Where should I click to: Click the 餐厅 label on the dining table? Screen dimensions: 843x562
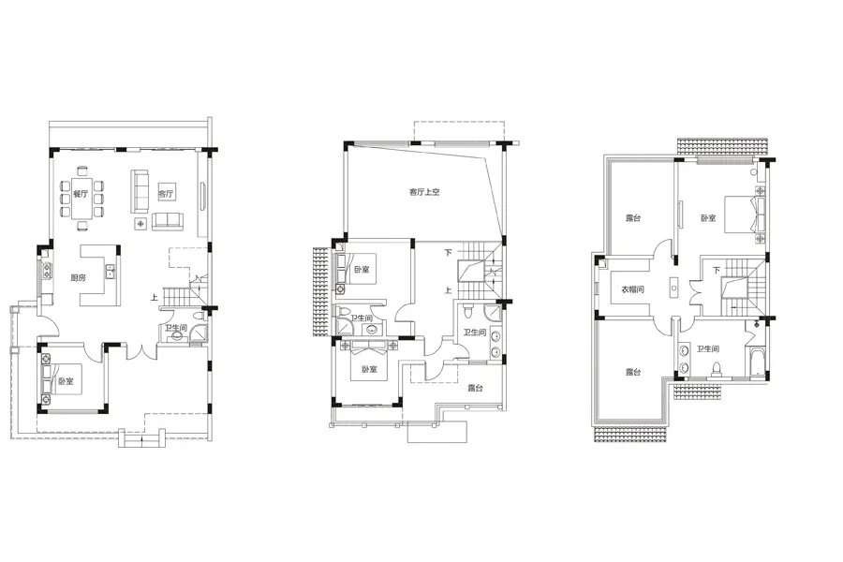pos(81,194)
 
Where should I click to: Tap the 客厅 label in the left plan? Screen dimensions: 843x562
pos(166,194)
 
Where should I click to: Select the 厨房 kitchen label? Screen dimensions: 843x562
pos(78,277)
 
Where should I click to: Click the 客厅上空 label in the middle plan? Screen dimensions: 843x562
pos(424,192)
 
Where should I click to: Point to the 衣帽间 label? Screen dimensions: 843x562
pos(632,289)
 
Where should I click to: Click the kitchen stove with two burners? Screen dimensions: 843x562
pos(47,270)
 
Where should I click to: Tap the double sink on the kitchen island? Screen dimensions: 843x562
pos(111,271)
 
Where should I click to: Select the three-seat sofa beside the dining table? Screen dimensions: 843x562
pos(140,190)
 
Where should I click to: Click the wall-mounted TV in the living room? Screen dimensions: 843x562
pos(202,197)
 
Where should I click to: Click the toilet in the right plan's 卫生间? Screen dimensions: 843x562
pos(717,370)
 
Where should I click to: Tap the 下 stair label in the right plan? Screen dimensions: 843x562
pos(717,270)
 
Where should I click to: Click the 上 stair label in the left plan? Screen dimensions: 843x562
pos(155,296)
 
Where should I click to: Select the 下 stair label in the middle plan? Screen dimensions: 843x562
pos(448,252)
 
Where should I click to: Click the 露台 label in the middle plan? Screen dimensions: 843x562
pos(475,388)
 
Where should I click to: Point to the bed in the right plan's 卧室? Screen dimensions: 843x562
pos(744,214)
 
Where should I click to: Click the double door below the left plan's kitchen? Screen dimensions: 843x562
pos(141,352)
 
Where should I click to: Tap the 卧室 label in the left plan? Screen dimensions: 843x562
pos(66,381)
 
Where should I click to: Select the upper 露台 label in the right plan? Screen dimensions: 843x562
pos(633,218)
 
